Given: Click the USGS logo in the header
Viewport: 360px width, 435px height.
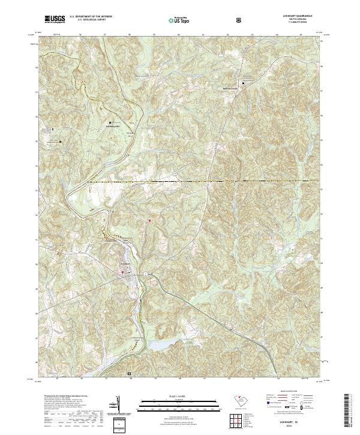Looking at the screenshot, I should point(55,20).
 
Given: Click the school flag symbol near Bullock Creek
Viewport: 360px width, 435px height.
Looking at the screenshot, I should point(244,82).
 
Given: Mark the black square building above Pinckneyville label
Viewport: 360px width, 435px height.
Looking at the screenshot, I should point(109,122).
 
